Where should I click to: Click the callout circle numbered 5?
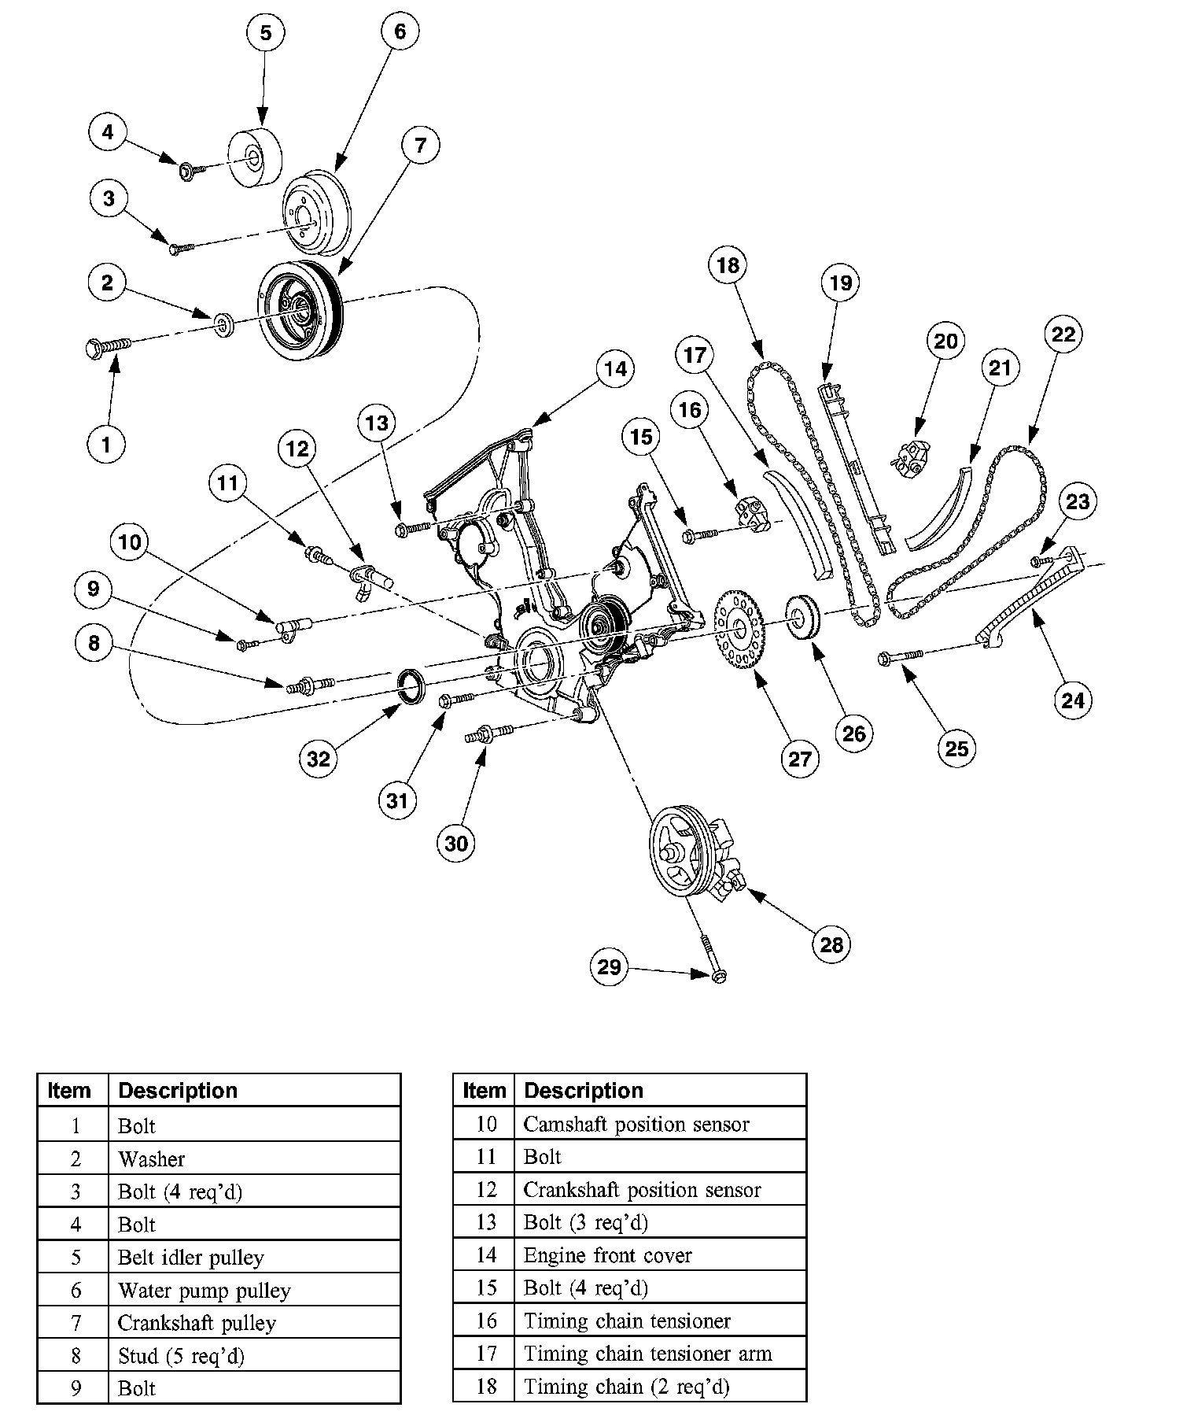265,33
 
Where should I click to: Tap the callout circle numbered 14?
615,368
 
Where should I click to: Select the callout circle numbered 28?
831,944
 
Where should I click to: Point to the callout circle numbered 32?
319,759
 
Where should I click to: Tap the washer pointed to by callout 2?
225,325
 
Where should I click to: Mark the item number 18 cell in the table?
485,1386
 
